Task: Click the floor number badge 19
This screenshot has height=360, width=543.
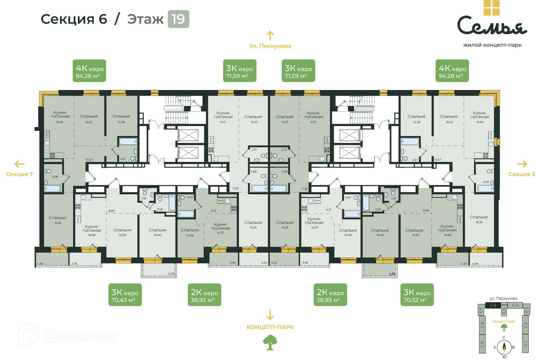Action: (178, 19)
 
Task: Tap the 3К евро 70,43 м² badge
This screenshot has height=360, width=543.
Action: (125, 295)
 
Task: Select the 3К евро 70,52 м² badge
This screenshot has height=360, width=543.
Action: (417, 295)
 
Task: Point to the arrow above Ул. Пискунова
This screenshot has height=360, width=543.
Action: (270, 36)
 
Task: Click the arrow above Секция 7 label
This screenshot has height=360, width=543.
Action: (20, 164)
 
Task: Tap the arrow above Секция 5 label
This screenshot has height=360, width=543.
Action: (522, 164)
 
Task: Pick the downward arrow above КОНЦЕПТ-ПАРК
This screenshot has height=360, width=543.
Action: (270, 315)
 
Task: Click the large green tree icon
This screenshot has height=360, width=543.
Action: (270, 342)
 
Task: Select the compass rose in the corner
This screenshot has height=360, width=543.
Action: (504, 347)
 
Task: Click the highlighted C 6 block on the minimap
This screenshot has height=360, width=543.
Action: (493, 305)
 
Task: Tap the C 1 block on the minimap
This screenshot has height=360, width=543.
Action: (525, 343)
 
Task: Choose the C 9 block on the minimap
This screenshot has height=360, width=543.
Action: (482, 344)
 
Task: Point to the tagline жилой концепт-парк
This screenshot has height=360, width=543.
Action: (492, 45)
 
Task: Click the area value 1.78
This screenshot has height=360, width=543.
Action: (144, 198)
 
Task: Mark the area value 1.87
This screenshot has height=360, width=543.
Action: (394, 198)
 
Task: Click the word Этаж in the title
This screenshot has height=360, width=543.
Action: (145, 19)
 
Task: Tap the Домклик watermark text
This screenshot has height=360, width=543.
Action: (81, 336)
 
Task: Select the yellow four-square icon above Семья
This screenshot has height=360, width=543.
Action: (492, 8)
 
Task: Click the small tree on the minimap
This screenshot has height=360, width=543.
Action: (504, 327)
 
